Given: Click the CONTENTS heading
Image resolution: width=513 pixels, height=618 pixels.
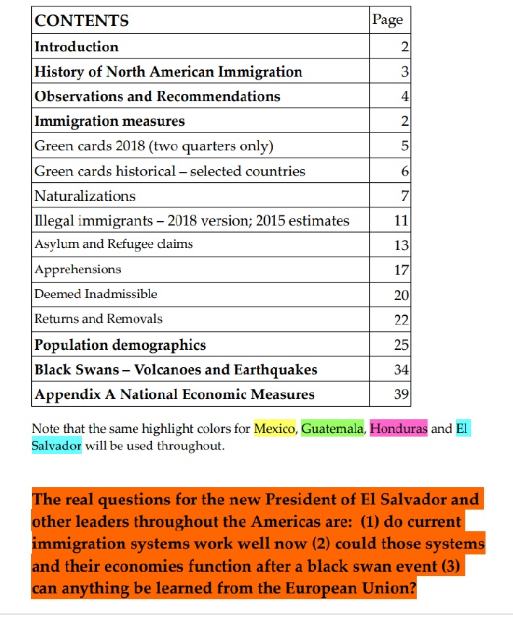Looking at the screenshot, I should click(x=82, y=21).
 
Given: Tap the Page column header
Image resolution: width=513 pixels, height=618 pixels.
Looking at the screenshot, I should click(x=387, y=20).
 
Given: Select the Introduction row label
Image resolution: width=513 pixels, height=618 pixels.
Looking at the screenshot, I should click(x=77, y=47).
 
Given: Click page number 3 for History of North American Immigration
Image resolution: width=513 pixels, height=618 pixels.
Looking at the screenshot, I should click(x=404, y=72).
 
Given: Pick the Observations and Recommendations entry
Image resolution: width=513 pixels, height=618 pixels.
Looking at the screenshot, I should click(x=158, y=97).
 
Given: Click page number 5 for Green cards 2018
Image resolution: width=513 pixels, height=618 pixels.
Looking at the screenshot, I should click(x=404, y=147).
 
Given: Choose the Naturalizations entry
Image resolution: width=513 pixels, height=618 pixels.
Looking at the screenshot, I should click(x=85, y=196).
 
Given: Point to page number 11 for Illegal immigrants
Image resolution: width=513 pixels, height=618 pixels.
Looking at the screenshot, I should click(x=402, y=221).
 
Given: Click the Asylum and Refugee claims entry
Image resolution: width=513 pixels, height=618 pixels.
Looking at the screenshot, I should click(x=114, y=244).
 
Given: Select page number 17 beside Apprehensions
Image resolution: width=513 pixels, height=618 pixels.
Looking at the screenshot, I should click(x=402, y=270).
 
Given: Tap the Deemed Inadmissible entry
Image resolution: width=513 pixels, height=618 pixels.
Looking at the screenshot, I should click(x=96, y=294).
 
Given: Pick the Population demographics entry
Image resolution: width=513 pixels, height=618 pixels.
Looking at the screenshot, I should click(x=120, y=346).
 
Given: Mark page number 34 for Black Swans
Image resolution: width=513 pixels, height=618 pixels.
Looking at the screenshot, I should click(x=402, y=370).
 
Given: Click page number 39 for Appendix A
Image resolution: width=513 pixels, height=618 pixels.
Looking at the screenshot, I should click(x=402, y=395).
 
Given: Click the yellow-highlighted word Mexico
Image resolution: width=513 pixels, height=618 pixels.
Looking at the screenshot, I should click(x=275, y=429).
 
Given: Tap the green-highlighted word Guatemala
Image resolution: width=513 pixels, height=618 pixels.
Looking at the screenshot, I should click(x=332, y=429).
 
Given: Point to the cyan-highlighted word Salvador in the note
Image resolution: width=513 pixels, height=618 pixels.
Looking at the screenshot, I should click(x=56, y=445).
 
